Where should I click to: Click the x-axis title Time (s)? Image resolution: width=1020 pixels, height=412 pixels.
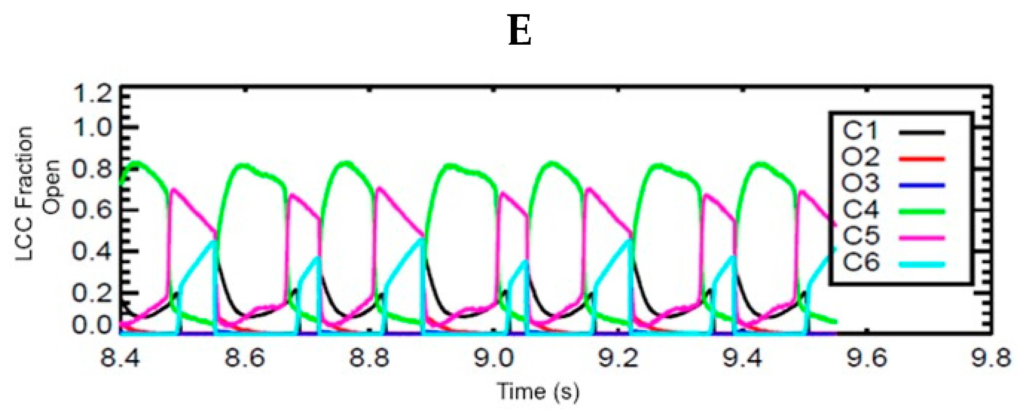[x=538, y=391]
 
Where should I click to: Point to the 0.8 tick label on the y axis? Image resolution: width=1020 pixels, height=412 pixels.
[x=91, y=170]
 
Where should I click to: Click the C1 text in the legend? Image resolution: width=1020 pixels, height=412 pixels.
[x=859, y=131]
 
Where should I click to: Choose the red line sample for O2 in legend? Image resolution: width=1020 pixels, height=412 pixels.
[x=921, y=159]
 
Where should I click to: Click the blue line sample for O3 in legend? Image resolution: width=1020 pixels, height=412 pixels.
[x=921, y=185]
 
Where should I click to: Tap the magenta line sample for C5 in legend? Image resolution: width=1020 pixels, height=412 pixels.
[x=921, y=237]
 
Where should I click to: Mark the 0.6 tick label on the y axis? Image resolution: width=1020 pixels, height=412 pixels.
[x=91, y=211]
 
